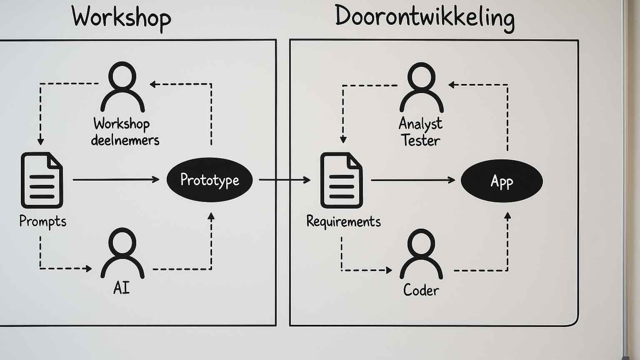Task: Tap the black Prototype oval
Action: pos(210,180)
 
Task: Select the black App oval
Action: pos(502,181)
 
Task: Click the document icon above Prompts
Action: pos(42,180)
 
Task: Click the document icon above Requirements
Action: pos(341,180)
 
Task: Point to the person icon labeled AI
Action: pos(122,253)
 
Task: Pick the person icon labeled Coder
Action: pos(421,254)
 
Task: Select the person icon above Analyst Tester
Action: pos(421,88)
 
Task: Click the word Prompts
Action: pos(43,222)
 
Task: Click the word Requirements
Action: pos(343,222)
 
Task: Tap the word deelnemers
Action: pos(125,140)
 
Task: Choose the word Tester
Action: pos(420,140)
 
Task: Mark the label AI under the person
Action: pos(121,288)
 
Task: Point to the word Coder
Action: pos(421,290)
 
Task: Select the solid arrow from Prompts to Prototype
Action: pos(116,180)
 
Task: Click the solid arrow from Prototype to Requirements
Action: pos(284,180)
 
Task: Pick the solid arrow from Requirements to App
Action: pos(413,180)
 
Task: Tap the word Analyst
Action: pos(420,124)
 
